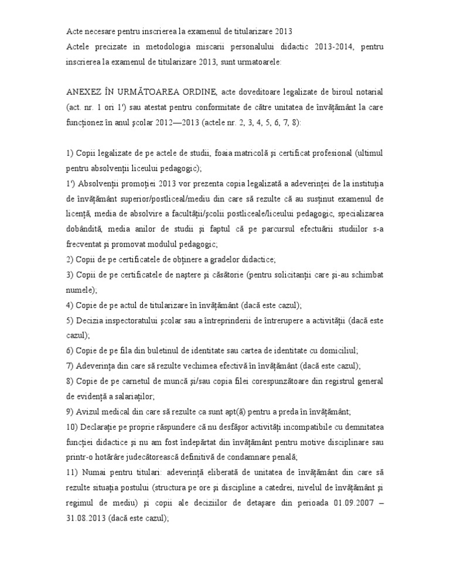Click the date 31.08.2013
84,518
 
